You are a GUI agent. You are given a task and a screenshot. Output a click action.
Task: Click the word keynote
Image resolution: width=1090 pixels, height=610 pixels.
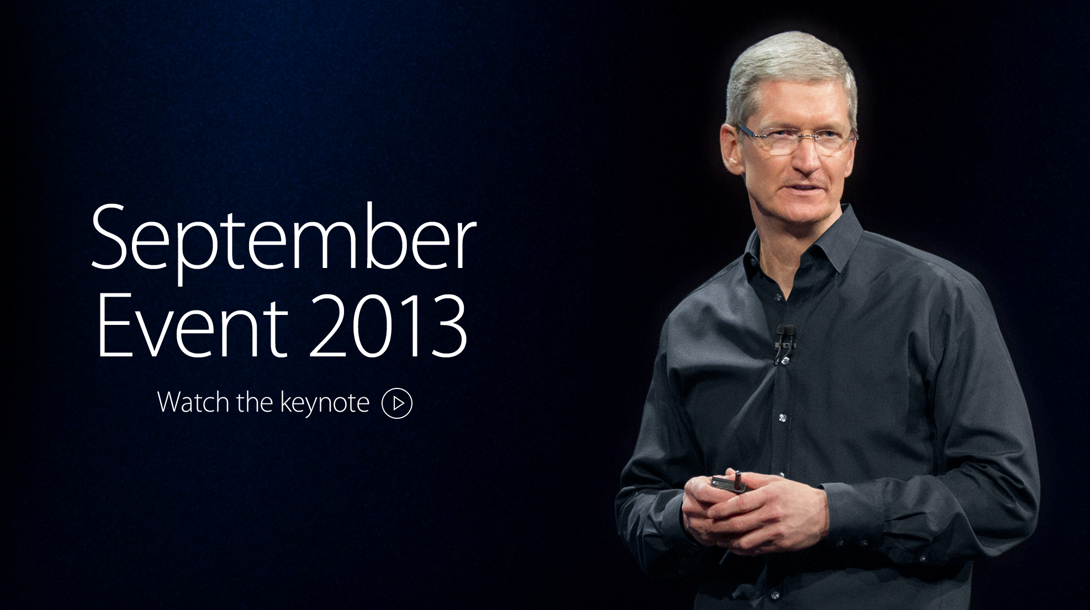tap(325, 403)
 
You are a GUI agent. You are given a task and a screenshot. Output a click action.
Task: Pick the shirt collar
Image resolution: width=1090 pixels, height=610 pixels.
tap(801, 243)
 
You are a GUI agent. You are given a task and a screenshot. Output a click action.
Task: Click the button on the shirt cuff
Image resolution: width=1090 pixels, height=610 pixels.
tap(922, 544)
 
